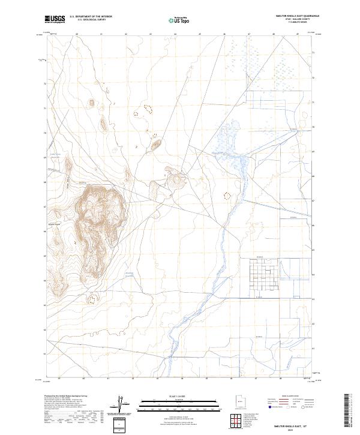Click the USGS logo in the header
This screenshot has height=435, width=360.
point(55,19)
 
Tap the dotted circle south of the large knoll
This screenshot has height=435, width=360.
point(92,298)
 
